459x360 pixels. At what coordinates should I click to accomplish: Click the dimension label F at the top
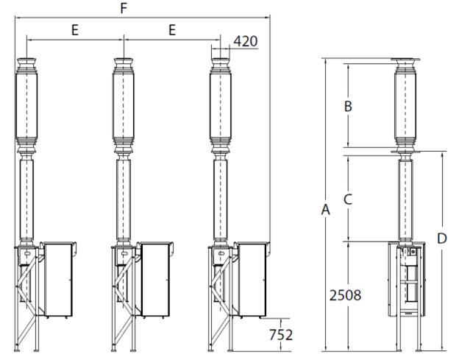(124, 9)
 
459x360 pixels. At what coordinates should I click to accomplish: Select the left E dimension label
(75, 30)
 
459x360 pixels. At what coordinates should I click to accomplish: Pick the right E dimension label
(172, 30)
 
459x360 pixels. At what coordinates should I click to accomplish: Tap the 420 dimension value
(246, 41)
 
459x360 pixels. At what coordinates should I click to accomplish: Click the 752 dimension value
(281, 335)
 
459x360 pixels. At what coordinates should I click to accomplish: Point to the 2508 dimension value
(346, 295)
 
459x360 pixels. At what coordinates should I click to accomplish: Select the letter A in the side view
(326, 210)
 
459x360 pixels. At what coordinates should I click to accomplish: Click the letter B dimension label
(348, 106)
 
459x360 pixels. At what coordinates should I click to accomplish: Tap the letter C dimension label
(348, 200)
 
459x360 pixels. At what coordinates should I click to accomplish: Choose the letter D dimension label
(442, 239)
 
